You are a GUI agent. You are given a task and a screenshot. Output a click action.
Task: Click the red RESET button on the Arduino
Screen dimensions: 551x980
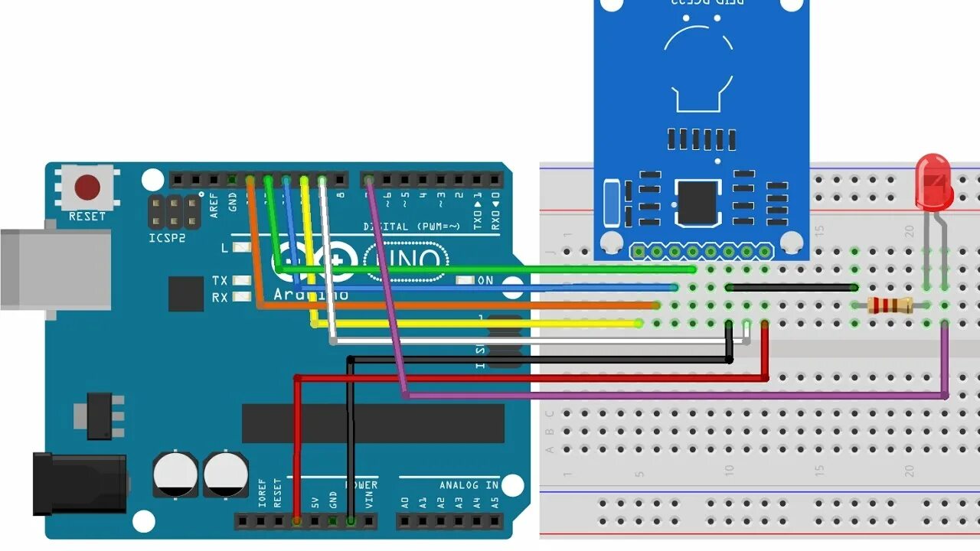(87, 187)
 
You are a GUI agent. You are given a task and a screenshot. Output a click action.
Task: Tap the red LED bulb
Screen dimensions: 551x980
(933, 181)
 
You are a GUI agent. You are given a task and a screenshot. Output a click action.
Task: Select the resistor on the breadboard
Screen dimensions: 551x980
(890, 305)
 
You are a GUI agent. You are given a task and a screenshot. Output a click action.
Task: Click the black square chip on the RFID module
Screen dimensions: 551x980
(698, 203)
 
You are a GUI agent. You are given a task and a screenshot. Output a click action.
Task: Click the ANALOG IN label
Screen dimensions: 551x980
(469, 485)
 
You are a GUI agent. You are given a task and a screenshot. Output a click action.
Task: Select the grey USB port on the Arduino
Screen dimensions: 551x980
(54, 269)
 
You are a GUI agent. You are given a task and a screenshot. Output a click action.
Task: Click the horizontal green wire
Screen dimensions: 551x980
(498, 269)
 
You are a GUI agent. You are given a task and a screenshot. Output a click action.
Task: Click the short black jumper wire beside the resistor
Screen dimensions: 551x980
(792, 288)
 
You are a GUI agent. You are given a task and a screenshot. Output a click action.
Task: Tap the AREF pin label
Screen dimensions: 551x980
(214, 205)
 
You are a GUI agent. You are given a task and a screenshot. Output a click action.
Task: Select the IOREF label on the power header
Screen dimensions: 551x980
(262, 494)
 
